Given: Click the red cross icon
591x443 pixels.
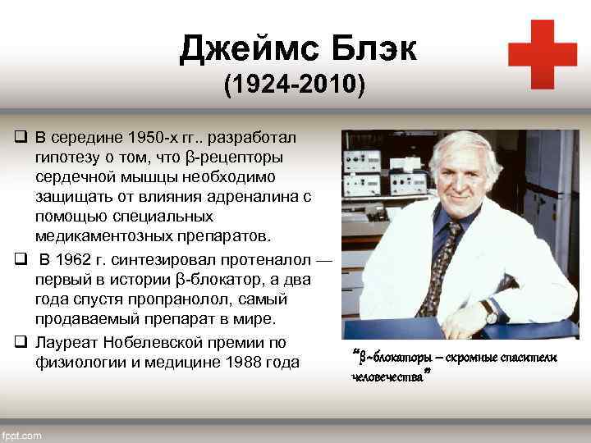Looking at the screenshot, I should tap(542, 54).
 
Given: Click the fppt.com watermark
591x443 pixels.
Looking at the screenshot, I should tap(22, 436).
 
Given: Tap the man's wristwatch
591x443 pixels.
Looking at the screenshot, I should tap(490, 312).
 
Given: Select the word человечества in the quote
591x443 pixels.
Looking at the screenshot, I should tap(387, 377).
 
